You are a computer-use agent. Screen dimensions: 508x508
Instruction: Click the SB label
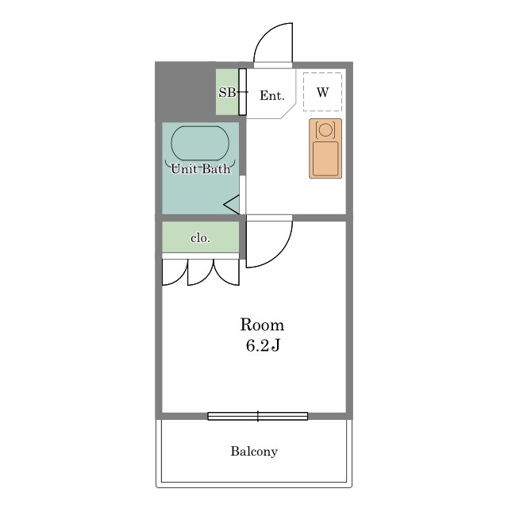pos(227,93)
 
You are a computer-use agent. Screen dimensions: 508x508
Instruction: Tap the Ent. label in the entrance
pos(271,95)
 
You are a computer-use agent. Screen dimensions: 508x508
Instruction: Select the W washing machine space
pos(322,92)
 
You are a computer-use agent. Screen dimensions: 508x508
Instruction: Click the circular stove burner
pos(325,129)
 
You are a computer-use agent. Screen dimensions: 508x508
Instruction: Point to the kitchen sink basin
pos(325,159)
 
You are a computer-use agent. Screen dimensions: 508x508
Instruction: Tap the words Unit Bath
pos(201,169)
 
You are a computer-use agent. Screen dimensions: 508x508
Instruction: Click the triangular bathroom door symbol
pos(232,205)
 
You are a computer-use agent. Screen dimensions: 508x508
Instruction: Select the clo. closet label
pos(200,238)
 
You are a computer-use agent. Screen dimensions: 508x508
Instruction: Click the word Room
pos(262,325)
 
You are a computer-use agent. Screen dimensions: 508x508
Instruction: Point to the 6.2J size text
pos(263,346)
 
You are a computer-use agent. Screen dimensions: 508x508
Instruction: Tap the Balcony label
pos(254,452)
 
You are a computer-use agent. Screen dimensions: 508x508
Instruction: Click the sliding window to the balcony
pos(257,416)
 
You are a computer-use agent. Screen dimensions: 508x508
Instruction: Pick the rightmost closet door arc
pos(221,278)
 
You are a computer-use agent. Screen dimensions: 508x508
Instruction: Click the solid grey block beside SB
pos(185,92)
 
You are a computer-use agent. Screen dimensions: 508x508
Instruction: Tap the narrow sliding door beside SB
pos(242,92)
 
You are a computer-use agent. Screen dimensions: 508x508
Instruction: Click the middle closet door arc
pos(206,279)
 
